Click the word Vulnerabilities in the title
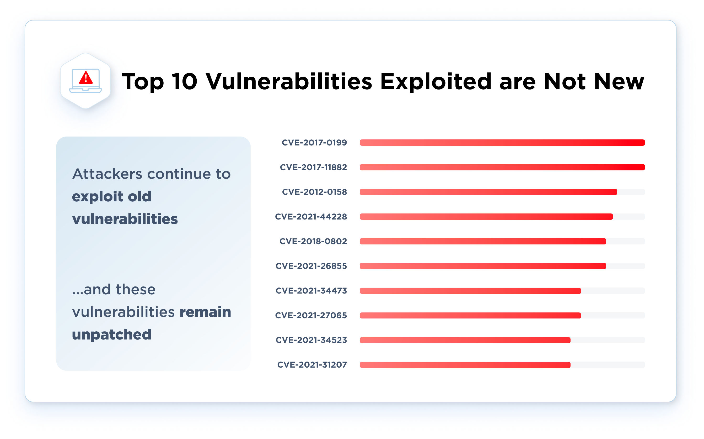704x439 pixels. pos(289,82)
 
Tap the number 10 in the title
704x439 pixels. pos(184,82)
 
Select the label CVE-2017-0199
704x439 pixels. pos(314,143)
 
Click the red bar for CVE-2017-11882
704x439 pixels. pos(502,167)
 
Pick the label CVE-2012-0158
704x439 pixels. pos(314,192)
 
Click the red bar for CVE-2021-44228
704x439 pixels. pos(486,217)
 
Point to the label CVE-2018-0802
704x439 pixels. pos(313,241)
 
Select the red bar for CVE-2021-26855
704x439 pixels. pos(482,266)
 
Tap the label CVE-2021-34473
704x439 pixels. pos(311,291)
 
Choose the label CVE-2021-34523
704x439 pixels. pos(311,340)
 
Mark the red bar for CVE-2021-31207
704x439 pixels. pos(465,365)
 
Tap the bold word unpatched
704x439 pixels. pos(112,335)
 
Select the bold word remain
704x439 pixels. pos(205,312)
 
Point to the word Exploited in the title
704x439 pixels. pos(436,82)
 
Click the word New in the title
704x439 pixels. pos(619,82)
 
